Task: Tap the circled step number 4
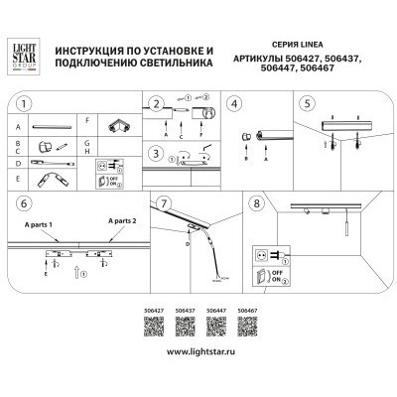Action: [x=234, y=102]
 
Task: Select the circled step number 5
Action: [x=308, y=102]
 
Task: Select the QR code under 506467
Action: [x=250, y=329]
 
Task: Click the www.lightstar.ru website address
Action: [x=198, y=352]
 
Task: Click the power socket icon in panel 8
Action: [x=261, y=254]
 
